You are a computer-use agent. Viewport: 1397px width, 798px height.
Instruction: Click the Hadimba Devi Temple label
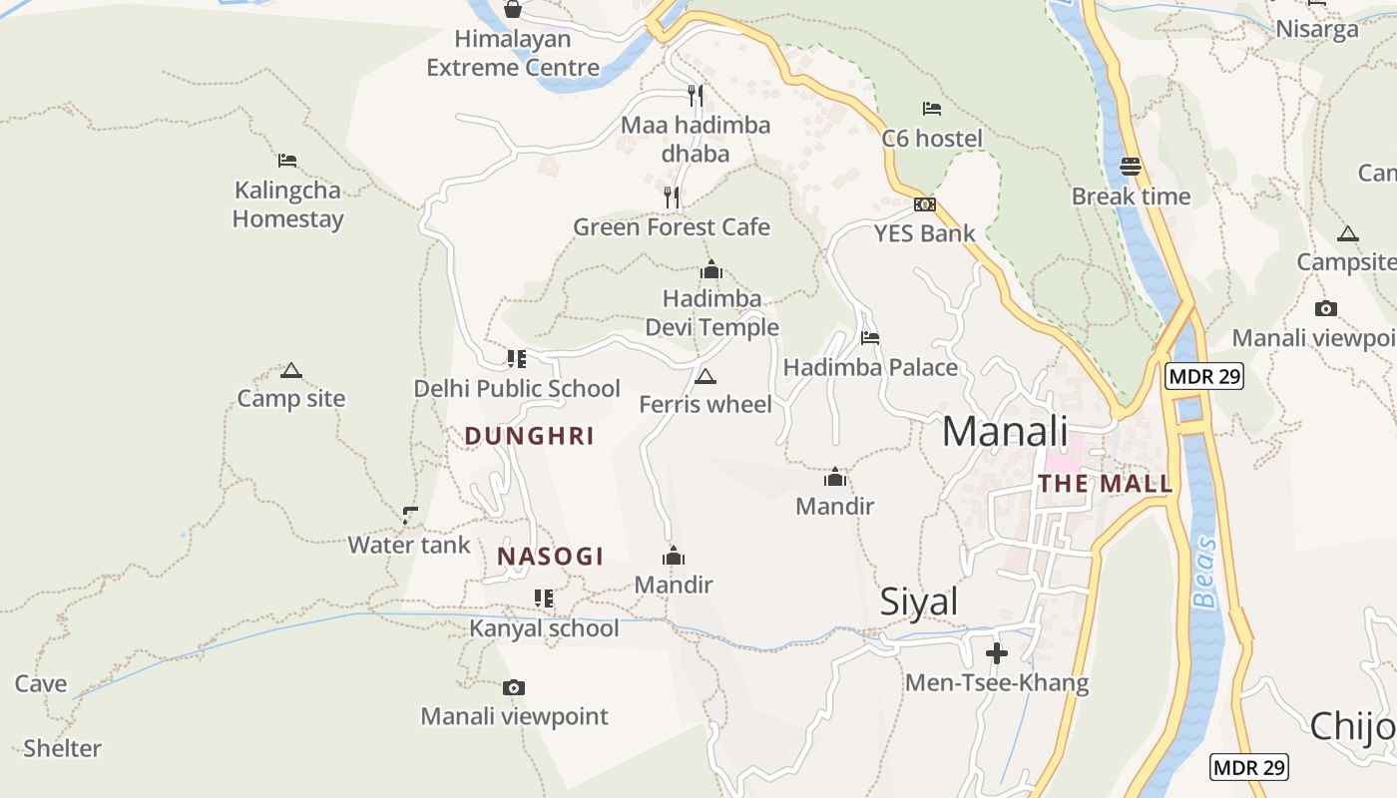[711, 313]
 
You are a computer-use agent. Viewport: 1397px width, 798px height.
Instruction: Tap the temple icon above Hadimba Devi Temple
[711, 269]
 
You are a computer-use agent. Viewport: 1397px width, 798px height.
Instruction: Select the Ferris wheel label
[705, 404]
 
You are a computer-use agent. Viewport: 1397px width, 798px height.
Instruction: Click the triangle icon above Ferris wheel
[705, 376]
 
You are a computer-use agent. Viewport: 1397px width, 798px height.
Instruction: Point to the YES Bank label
[924, 233]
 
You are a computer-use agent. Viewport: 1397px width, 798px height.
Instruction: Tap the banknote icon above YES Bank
[925, 204]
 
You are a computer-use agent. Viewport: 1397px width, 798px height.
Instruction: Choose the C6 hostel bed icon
[931, 109]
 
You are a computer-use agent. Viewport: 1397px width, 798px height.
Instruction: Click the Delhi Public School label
[517, 388]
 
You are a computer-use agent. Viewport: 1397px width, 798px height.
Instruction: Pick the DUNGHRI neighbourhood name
[530, 436]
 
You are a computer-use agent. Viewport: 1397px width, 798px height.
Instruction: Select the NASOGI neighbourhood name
[551, 557]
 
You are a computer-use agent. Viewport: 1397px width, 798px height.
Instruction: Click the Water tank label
[408, 545]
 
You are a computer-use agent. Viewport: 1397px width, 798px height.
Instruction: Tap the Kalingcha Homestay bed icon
[287, 160]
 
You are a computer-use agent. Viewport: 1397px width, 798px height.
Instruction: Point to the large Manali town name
[1005, 431]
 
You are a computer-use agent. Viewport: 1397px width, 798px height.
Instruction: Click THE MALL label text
[1105, 484]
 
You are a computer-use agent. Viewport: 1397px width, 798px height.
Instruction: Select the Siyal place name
[918, 601]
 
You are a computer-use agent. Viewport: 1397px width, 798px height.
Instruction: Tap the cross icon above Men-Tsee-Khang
[996, 654]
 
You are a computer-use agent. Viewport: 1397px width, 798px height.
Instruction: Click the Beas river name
[1205, 573]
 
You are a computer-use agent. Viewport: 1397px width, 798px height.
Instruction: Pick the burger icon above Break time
[1131, 166]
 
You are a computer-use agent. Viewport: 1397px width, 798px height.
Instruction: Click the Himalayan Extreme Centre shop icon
[513, 9]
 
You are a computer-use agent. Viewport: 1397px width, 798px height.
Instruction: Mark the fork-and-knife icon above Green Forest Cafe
[672, 198]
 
